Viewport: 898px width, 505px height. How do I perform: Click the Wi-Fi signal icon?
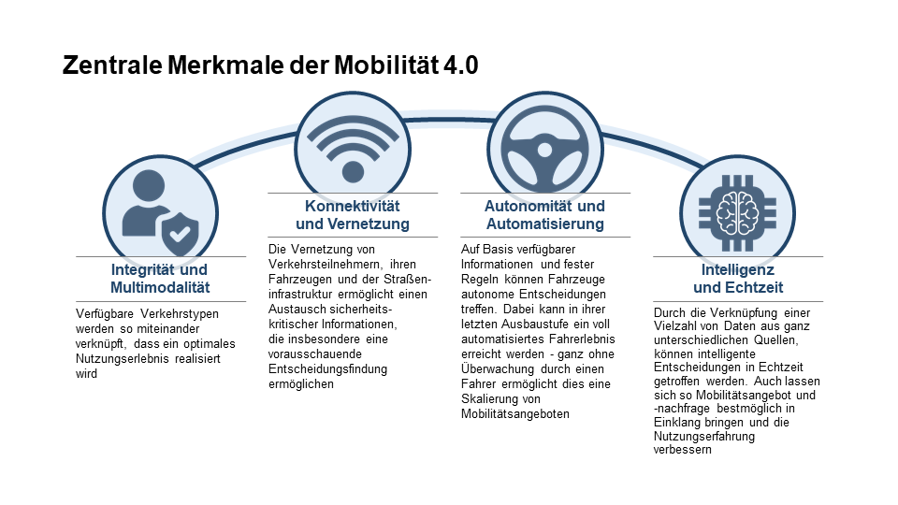(x=353, y=149)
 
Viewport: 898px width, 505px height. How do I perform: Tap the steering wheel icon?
(x=544, y=150)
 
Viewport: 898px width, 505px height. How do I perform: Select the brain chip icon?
(x=738, y=213)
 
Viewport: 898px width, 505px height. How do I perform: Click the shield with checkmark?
(x=180, y=234)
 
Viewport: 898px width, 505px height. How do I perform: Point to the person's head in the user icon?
(x=149, y=185)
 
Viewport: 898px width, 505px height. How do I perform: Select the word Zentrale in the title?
(x=112, y=65)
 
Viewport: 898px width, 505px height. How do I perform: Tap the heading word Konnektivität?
(x=353, y=206)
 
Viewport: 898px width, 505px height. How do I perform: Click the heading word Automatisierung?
(x=545, y=224)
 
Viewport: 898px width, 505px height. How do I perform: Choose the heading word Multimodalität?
(x=160, y=287)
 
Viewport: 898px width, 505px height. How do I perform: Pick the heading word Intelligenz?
(x=738, y=269)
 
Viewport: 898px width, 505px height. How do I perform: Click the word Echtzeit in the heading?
(x=755, y=287)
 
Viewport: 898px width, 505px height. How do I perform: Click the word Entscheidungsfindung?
(x=327, y=369)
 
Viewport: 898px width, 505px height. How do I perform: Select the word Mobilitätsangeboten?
(x=515, y=414)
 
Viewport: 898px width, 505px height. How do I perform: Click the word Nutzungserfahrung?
(x=704, y=437)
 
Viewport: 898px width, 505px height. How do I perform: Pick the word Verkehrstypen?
(x=180, y=314)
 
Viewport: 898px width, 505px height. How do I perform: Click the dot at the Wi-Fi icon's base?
(x=353, y=172)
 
